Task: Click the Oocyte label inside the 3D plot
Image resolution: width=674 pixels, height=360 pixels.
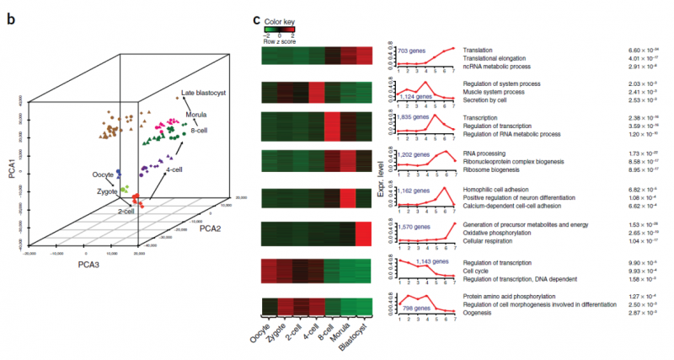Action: click(104, 176)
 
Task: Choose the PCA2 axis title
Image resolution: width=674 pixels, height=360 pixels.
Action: click(211, 228)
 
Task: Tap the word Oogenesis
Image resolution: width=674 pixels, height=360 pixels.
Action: click(480, 312)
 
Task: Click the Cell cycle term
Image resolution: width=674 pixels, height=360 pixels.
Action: click(478, 270)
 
